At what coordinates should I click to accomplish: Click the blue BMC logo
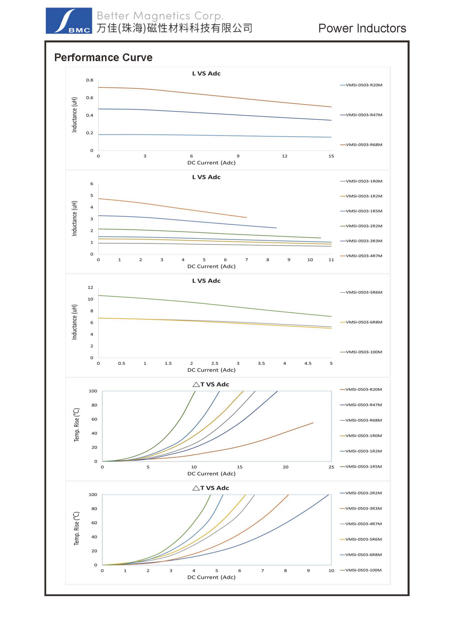point(69,21)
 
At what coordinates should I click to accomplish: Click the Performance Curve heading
point(103,57)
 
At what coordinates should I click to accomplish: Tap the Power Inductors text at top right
point(362,28)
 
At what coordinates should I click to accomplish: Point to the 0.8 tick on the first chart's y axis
point(90,80)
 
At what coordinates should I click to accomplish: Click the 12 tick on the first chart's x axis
point(285,156)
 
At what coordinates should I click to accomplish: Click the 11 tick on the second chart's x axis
point(331,260)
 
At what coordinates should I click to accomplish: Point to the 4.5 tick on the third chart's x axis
point(308,364)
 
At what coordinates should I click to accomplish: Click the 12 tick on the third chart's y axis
point(90,287)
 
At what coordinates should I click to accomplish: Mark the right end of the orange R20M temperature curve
point(313,423)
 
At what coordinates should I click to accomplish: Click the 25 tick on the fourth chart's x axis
point(331,467)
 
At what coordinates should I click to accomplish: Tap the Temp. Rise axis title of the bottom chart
point(76,528)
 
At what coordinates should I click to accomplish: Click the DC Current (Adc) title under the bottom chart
point(211,577)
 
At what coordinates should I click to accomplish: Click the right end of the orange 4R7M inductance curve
point(246,217)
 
